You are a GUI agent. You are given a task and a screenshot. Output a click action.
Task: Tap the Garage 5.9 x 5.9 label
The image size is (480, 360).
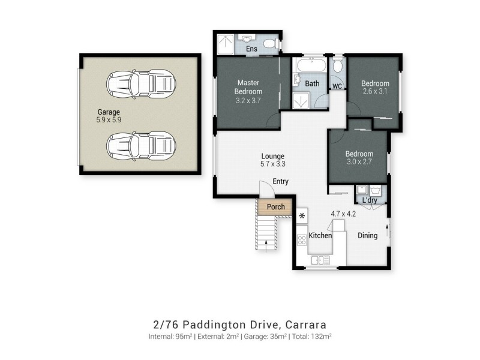coord(109,116)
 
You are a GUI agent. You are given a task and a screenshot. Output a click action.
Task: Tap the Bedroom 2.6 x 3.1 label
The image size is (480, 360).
coord(375,87)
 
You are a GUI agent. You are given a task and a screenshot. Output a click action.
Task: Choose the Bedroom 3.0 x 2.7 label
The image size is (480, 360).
coord(359,158)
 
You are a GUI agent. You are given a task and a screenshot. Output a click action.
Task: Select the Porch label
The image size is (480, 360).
coord(275,208)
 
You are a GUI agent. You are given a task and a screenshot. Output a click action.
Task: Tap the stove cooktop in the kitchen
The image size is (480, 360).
coord(302,239)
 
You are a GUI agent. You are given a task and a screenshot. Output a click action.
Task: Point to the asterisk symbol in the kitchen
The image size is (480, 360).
coord(302,215)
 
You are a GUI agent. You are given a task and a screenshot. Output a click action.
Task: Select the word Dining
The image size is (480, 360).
coord(367,236)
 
